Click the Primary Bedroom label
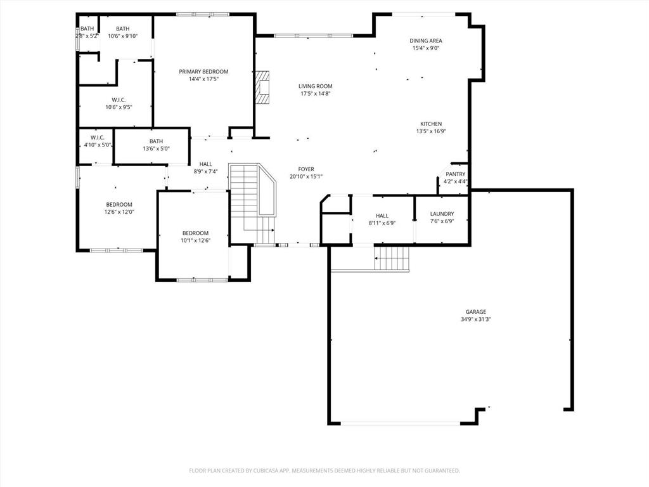203,72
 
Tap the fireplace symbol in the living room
262,87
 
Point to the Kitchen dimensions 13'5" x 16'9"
431,131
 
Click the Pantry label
455,174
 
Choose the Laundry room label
442,214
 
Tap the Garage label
476,311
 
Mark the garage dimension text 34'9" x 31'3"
476,320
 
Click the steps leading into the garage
392,259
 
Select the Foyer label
306,169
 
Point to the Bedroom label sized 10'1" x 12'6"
195,233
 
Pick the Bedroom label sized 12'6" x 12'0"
119,204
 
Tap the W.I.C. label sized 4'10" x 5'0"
97,138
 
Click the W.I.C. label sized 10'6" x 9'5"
119,100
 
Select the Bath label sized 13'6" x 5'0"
156,141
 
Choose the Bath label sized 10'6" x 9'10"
122,29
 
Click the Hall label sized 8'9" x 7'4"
205,164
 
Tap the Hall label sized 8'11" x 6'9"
382,216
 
